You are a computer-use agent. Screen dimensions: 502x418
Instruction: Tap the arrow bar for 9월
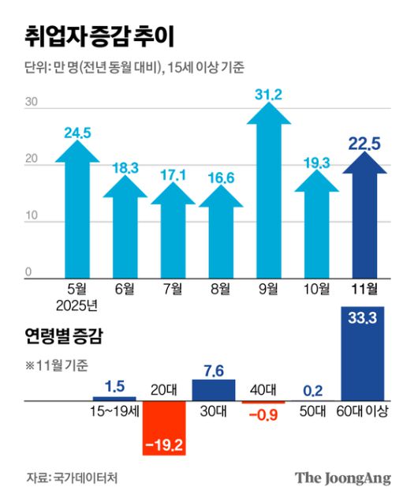coord(270,197)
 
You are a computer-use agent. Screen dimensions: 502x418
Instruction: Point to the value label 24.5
coord(78,132)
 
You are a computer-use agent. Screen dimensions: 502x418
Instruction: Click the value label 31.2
coord(269,96)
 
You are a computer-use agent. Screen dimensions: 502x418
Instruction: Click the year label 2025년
coord(78,305)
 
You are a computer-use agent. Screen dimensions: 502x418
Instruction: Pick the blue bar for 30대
coord(214,390)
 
